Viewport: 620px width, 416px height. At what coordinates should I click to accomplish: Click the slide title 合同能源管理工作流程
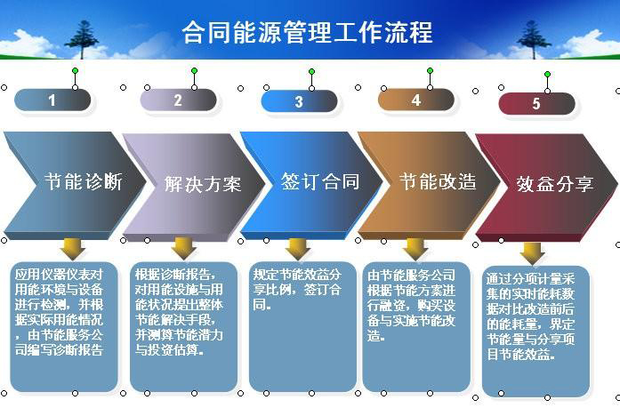pos(307,34)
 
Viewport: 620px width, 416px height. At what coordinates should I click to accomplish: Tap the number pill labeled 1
pos(52,100)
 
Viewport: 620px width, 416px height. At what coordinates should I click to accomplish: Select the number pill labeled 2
pos(178,100)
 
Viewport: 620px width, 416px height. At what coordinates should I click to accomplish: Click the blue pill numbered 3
pos(299,101)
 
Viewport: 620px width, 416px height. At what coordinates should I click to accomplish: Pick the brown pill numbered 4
pos(415,100)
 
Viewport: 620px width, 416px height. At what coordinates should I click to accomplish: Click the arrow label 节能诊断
pos(84,182)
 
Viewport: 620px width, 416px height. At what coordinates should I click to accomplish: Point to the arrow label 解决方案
pos(202,184)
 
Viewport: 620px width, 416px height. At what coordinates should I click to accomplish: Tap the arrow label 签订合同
pos(320,182)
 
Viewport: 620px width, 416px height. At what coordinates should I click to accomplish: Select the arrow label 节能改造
pos(438,182)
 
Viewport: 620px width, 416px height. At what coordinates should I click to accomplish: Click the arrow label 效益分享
pos(555,184)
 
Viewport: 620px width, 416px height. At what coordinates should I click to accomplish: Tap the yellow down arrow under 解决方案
pos(184,247)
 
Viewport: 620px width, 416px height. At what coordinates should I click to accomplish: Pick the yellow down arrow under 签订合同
pos(298,247)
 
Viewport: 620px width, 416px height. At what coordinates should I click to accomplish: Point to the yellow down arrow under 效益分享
pos(533,252)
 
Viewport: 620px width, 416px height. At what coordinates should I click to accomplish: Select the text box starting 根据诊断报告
pos(184,325)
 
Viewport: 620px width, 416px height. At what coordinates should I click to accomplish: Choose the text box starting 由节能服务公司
pos(415,325)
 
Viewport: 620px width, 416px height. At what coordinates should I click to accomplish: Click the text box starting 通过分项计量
pos(536,330)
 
